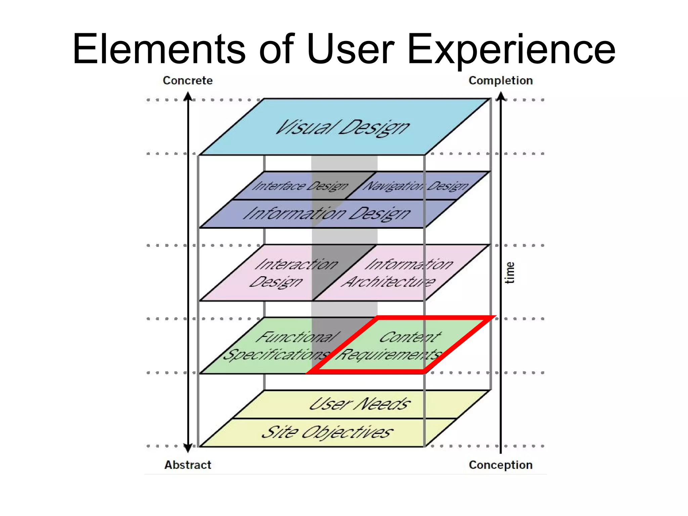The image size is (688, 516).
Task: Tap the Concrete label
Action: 187,81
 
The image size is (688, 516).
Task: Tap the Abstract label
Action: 187,465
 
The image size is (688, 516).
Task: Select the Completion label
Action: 501,81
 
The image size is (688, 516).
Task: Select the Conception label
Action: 501,465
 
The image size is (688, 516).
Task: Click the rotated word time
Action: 510,273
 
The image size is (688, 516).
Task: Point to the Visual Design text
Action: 342,128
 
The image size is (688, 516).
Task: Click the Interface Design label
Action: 300,186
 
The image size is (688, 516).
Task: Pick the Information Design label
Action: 327,214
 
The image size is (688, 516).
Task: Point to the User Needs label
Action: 359,404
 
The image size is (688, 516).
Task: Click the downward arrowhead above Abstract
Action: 188,448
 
